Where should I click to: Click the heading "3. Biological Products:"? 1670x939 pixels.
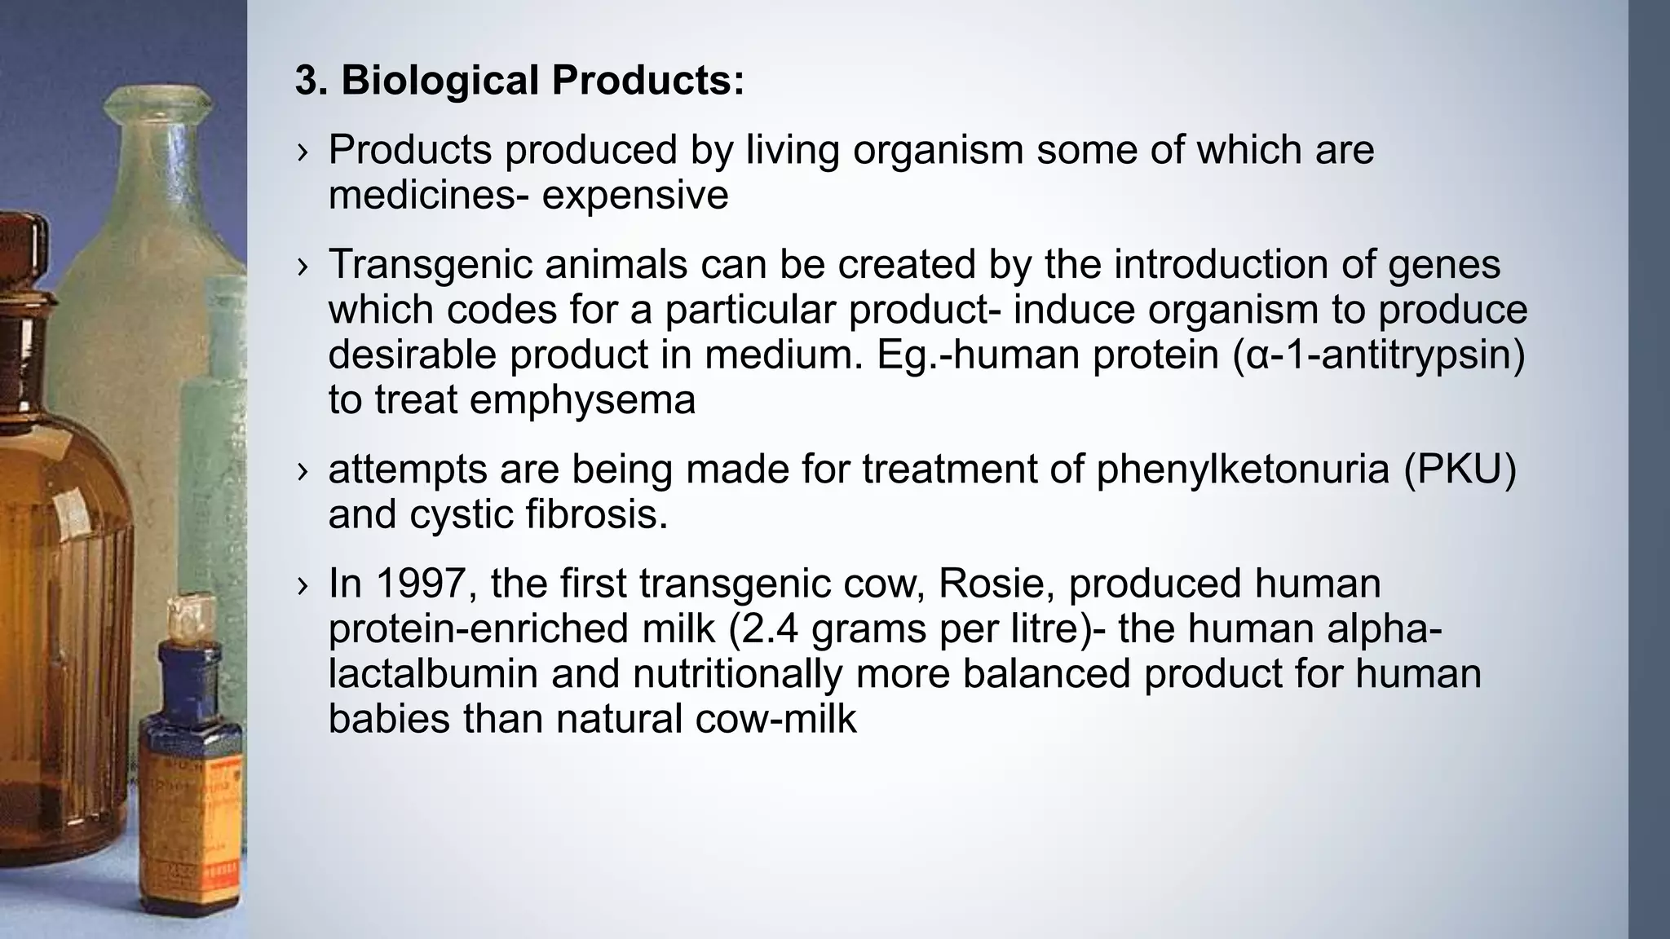click(519, 81)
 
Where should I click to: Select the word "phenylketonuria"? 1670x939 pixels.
click(1243, 469)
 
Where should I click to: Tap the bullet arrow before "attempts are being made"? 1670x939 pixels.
click(303, 471)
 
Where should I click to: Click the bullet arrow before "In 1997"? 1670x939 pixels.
click(303, 585)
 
